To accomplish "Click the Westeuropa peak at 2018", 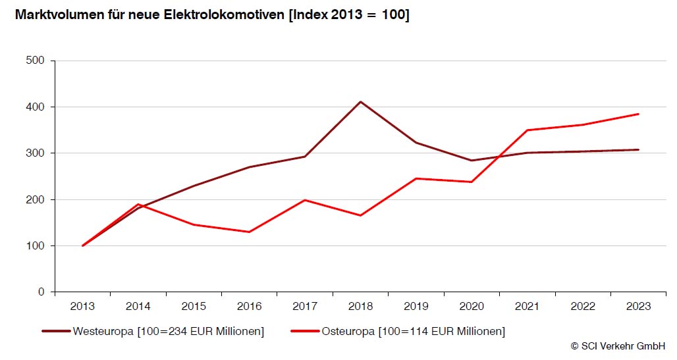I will click(360, 101).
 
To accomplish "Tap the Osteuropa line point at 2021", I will click(528, 130).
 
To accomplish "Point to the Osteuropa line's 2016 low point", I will click(249, 232).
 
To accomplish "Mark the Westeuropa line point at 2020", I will click(472, 161).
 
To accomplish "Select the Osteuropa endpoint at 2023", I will click(639, 114).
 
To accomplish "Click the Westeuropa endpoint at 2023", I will click(639, 149).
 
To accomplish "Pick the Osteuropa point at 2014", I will click(138, 204).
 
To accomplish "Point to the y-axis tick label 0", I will click(41, 292).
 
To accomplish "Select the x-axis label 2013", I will click(82, 307).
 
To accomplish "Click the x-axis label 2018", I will click(360, 307).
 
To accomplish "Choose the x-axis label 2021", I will click(528, 307).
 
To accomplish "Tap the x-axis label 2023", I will click(639, 307).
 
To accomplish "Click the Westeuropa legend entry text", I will click(169, 331).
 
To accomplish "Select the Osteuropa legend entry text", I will click(414, 331).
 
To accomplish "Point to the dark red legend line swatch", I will click(56, 331).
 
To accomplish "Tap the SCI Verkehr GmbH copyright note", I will click(618, 346).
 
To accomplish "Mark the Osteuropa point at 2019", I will click(416, 178).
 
